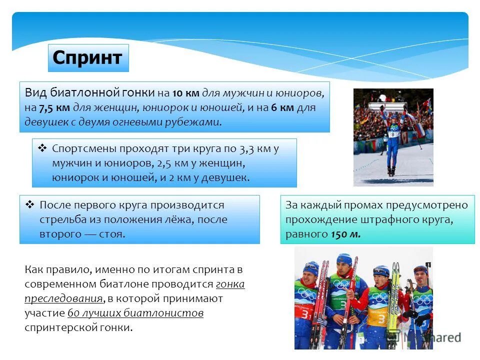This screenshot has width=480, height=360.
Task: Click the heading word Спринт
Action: pos(87,58)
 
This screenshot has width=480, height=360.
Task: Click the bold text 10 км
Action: pos(185,93)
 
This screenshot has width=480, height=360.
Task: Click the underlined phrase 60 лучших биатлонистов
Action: pos(135,313)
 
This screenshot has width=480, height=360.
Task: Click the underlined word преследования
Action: pos(63,299)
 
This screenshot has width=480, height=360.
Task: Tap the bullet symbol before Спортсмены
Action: pos(42,148)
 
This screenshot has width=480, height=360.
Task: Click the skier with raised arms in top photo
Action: pos(392,135)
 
